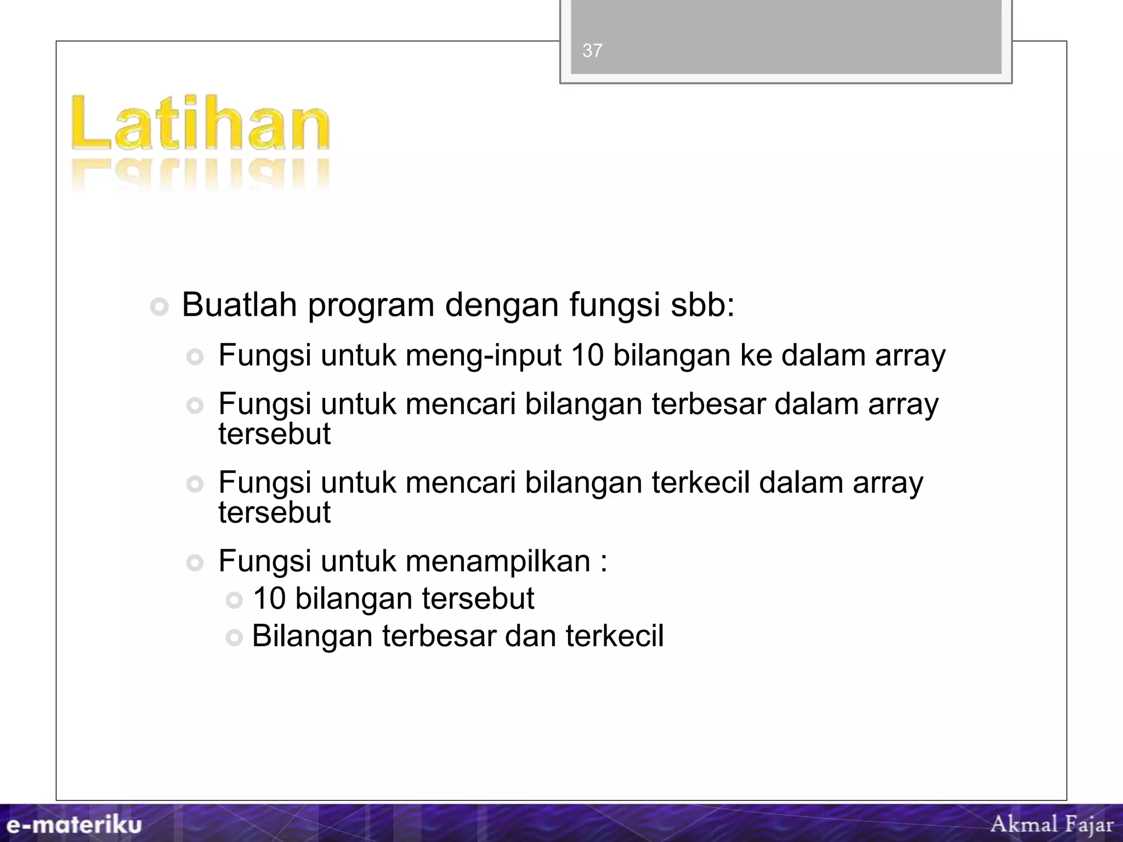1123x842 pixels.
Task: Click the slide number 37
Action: pyautogui.click(x=592, y=51)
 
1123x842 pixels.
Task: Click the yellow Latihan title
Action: pyautogui.click(x=201, y=123)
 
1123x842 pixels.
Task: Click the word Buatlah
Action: pyautogui.click(x=239, y=305)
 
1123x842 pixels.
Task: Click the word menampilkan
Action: pyautogui.click(x=497, y=561)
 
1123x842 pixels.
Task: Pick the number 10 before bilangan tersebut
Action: pyautogui.click(x=269, y=598)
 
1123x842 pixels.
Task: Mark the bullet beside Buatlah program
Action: pyautogui.click(x=160, y=307)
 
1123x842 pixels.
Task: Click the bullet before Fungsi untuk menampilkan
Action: pyautogui.click(x=195, y=563)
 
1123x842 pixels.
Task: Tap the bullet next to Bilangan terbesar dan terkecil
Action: pyautogui.click(x=234, y=638)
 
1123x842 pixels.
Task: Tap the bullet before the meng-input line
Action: pyautogui.click(x=195, y=357)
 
